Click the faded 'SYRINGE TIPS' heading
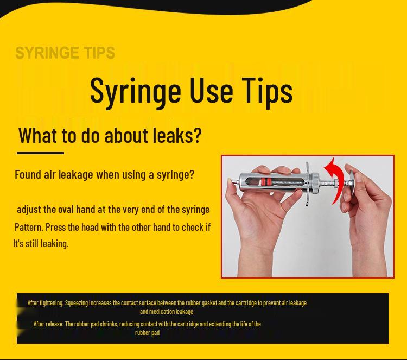coord(65,53)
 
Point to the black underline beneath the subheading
coord(40,153)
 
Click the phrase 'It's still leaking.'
coord(41,243)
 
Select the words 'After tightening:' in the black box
coord(46,302)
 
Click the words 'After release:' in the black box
coord(48,324)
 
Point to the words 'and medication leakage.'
coord(167,311)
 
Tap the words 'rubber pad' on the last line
coord(147,332)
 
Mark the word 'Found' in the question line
coord(27,175)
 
